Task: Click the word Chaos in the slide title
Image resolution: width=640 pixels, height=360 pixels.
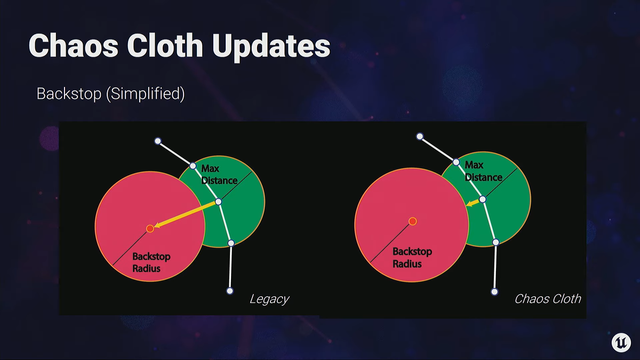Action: (x=74, y=45)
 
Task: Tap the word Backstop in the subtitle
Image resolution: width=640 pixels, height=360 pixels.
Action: (x=69, y=93)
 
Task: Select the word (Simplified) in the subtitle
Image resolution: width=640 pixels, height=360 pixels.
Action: (x=146, y=94)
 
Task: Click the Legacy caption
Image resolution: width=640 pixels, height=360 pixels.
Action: (x=269, y=299)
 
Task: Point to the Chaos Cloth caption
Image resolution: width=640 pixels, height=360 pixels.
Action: (x=548, y=299)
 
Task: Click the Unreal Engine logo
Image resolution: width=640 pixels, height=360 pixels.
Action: (x=621, y=342)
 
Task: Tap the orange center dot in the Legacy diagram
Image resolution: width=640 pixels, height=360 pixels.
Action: (x=150, y=228)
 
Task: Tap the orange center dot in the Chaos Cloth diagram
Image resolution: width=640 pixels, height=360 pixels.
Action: (x=413, y=221)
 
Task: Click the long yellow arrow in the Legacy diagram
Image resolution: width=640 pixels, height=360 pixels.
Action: (x=185, y=215)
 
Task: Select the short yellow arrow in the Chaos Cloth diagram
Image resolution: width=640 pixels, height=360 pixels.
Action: (x=473, y=203)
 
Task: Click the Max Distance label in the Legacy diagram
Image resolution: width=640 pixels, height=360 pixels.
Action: (x=219, y=174)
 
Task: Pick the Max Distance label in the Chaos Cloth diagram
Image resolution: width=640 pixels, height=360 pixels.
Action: (x=483, y=171)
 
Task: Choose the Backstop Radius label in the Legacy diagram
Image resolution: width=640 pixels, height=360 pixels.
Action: (x=151, y=262)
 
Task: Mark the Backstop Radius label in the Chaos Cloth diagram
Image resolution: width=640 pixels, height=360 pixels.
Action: (x=412, y=258)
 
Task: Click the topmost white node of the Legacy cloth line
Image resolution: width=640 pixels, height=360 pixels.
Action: (x=158, y=141)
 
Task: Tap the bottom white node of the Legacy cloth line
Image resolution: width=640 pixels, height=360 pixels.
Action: (x=230, y=291)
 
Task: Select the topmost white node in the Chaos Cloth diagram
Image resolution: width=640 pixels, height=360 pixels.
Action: (x=420, y=137)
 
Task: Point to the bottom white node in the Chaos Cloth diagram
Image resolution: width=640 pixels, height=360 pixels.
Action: (x=494, y=292)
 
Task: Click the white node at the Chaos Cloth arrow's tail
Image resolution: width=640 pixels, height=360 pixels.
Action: (x=483, y=199)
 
